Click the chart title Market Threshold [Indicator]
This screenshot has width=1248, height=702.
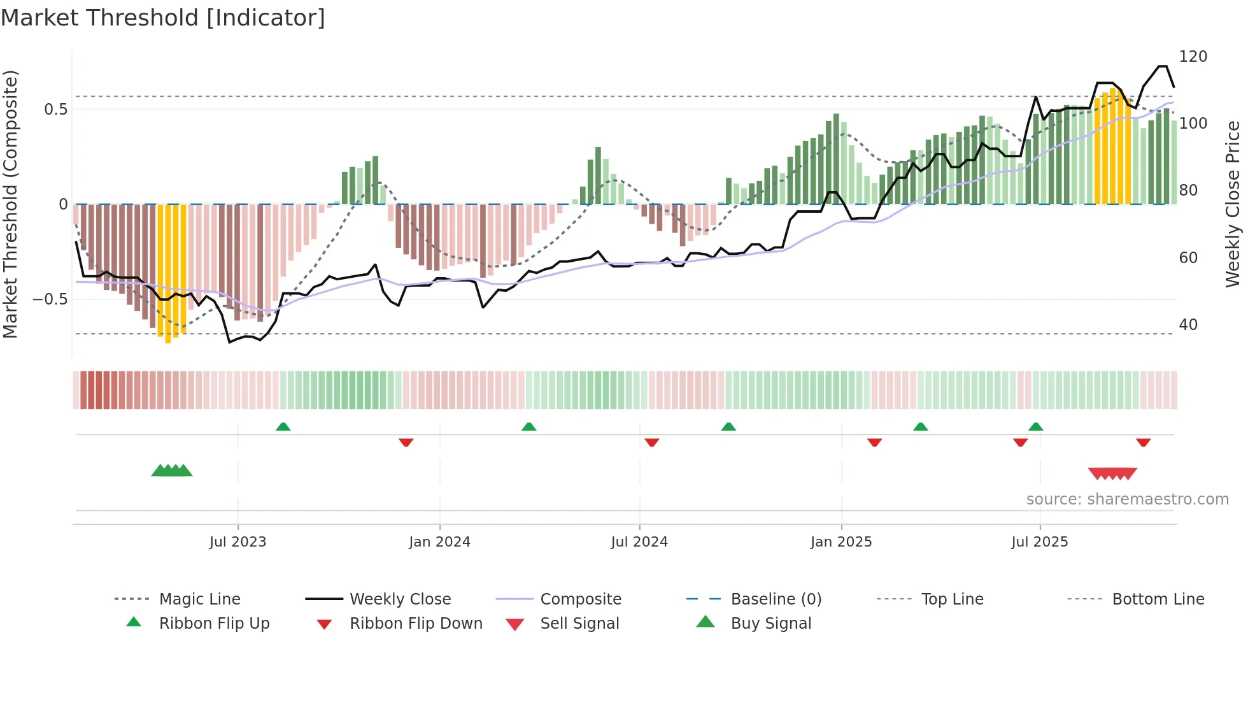(x=163, y=18)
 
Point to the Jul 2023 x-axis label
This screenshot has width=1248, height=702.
(x=238, y=542)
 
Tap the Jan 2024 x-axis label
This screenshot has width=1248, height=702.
(x=439, y=542)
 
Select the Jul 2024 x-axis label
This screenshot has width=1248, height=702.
(x=639, y=542)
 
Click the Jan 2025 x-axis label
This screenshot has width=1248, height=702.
(x=841, y=542)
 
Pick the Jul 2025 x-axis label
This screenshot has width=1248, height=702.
(x=1040, y=542)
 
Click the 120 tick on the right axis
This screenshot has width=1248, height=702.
(x=1193, y=57)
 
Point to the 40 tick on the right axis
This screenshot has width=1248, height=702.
(x=1188, y=325)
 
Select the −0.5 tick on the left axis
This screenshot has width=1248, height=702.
(x=50, y=299)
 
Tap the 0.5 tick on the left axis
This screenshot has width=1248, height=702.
(x=55, y=110)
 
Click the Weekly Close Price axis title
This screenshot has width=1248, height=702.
(x=1233, y=204)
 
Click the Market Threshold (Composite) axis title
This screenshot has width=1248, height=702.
(x=11, y=204)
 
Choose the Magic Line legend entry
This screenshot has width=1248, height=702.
(x=199, y=599)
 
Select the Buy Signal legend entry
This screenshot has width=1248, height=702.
(x=770, y=624)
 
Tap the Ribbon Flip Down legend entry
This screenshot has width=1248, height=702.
(x=416, y=624)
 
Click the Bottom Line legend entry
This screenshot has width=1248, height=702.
(x=1158, y=599)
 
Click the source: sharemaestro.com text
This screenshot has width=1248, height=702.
(x=1127, y=499)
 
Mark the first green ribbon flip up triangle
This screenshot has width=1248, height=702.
(x=283, y=427)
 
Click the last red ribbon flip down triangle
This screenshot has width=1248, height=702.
(x=1143, y=442)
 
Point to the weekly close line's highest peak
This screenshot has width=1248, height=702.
(x=1163, y=66)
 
